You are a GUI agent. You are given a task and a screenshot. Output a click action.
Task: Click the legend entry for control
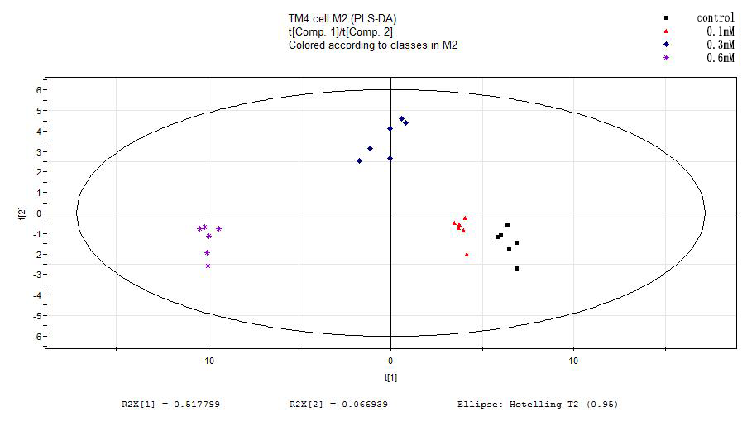coord(716,17)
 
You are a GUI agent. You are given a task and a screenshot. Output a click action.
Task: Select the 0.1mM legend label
coord(720,31)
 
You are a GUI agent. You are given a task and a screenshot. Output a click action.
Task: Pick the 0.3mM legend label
coord(720,44)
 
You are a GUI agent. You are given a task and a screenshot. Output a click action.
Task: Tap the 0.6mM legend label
coord(720,58)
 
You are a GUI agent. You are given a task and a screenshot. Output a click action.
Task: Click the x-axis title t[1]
coord(390,377)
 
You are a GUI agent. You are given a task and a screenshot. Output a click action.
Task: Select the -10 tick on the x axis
coord(207,361)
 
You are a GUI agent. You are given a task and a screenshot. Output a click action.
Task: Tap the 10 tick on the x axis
coord(573,361)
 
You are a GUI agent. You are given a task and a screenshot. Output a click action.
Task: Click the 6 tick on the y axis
coord(36,89)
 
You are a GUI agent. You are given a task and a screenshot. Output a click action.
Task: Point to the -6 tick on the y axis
coord(35,336)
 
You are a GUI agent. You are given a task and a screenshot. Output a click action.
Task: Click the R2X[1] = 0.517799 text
coord(170,405)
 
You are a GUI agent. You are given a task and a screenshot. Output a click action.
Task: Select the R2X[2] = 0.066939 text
coord(338,405)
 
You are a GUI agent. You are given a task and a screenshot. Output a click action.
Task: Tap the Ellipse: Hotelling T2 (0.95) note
coord(537,405)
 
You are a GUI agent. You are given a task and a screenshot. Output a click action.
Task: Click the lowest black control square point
coord(517,268)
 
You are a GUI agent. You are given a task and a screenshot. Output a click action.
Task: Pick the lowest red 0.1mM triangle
coord(467,255)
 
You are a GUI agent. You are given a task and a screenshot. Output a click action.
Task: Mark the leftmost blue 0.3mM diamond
coord(359,160)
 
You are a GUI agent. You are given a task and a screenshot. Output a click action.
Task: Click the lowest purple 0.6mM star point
coord(208,266)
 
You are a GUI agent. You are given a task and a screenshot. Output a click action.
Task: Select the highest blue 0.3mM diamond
coord(401,119)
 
